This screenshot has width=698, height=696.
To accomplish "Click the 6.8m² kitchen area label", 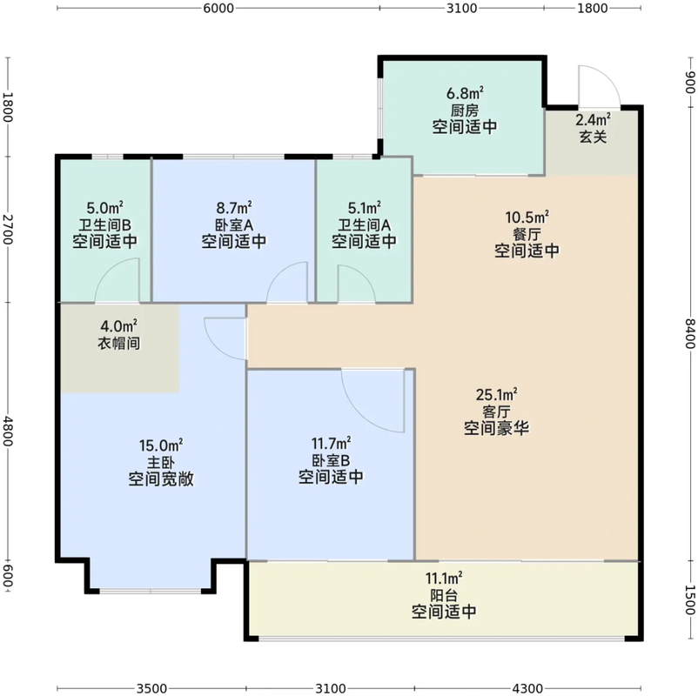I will click(465, 93).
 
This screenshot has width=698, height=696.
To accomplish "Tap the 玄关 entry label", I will click(593, 137).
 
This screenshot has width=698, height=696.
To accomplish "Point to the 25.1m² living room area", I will click(497, 394).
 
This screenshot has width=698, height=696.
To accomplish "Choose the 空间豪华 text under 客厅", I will click(497, 428).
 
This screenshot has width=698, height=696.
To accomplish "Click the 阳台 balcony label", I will click(444, 595).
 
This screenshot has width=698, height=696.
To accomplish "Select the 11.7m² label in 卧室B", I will click(331, 443).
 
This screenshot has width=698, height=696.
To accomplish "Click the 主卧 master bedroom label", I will click(160, 462).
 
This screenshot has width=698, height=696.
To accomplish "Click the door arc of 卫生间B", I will click(117, 284).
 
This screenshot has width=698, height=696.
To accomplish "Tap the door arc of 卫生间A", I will click(355, 284).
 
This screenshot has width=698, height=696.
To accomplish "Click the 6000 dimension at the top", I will click(218, 9).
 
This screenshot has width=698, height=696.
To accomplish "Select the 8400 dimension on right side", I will click(689, 332).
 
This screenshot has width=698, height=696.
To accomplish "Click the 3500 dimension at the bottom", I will click(152, 687).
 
